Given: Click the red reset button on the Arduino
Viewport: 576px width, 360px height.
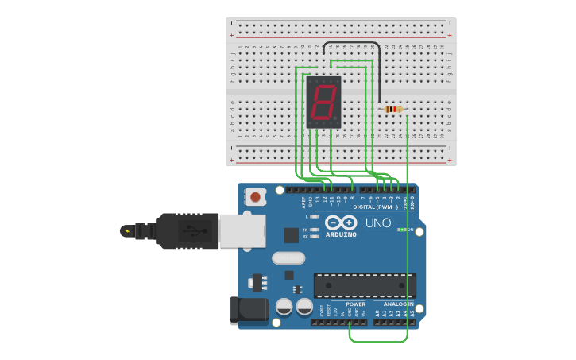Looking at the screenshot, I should (x=255, y=196).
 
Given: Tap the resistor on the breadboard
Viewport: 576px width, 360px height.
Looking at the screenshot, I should (x=392, y=109).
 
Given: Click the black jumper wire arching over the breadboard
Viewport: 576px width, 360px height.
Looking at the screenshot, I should (x=350, y=43).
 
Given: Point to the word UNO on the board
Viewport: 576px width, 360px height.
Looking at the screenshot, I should (x=378, y=223).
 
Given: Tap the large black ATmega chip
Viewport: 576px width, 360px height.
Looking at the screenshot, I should (x=365, y=285).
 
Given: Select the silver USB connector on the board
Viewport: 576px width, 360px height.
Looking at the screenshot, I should (x=238, y=230).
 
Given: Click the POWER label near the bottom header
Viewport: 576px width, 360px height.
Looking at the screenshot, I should (x=356, y=304).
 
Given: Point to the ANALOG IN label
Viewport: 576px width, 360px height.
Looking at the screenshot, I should (x=398, y=304).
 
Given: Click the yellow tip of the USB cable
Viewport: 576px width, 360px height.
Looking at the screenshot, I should (x=126, y=231).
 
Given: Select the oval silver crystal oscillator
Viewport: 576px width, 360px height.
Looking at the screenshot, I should (x=288, y=257).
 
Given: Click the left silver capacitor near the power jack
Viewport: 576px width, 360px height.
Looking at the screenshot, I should (x=284, y=307).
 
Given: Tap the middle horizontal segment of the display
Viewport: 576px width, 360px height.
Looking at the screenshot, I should (x=324, y=103).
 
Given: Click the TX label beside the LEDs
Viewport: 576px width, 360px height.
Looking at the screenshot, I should (x=305, y=230).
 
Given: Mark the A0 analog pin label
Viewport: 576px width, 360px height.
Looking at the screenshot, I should (x=377, y=313).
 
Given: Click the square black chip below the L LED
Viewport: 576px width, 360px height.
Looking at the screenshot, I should (x=291, y=234).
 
